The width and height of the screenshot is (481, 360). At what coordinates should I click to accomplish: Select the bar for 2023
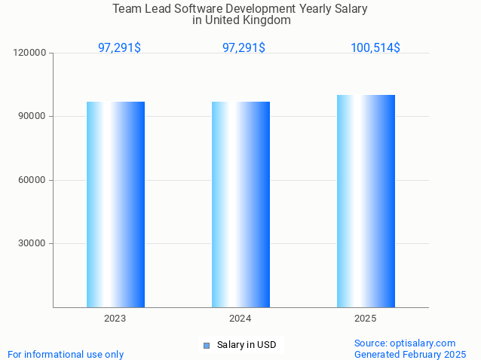[115, 204]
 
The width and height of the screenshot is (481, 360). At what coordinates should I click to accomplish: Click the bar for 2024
[240, 204]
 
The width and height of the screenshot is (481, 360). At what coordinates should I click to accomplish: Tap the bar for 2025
[366, 201]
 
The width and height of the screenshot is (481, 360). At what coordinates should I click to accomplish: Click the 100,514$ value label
[375, 47]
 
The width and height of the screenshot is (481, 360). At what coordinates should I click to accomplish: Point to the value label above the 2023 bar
[119, 47]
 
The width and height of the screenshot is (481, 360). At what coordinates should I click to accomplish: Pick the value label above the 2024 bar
[244, 47]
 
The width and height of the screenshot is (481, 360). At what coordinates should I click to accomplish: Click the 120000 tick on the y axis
[30, 53]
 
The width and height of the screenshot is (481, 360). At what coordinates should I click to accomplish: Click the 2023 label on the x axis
[115, 319]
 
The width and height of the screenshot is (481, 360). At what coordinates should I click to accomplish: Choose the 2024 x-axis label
[240, 319]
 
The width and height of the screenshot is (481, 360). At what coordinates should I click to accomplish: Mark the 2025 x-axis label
[366, 319]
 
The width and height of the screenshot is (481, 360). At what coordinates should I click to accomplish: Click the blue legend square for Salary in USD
[206, 346]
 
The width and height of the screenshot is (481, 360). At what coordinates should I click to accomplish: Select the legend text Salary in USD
[247, 345]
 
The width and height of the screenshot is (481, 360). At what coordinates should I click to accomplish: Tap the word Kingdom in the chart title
[265, 20]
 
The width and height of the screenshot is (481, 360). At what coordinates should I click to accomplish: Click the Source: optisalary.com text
[405, 343]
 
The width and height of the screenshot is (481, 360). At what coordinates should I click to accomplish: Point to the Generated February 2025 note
[410, 354]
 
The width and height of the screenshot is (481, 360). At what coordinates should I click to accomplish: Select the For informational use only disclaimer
[66, 354]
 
